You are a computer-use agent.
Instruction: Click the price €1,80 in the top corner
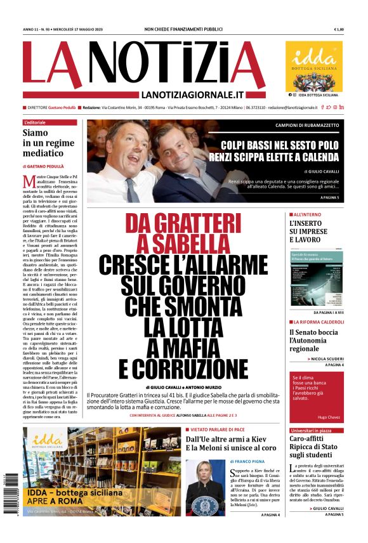click(x=339, y=29)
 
